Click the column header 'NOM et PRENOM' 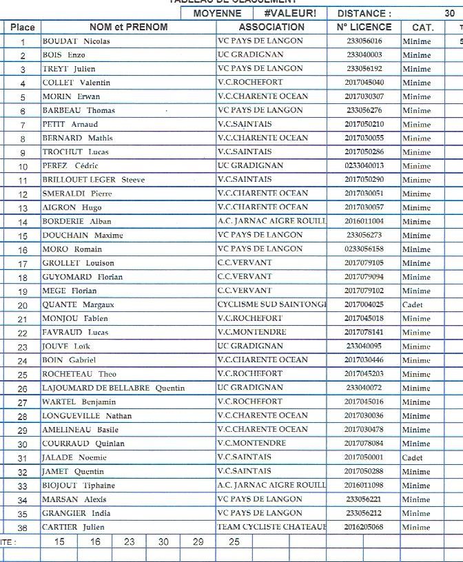(x=128, y=27)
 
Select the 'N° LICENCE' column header (x=364, y=27)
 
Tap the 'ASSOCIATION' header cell (x=271, y=27)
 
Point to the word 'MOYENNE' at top (x=217, y=13)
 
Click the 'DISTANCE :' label (x=364, y=13)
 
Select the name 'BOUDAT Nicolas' (x=76, y=41)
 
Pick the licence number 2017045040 (x=364, y=83)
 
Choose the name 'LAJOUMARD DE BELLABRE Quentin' (x=114, y=388)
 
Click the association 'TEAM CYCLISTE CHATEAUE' (x=271, y=527)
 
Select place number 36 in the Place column (x=23, y=528)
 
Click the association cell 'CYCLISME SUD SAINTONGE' (x=271, y=304)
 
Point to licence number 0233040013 (x=364, y=166)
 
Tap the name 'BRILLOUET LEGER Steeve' (x=94, y=180)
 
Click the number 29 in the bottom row (x=198, y=542)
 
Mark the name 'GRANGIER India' (x=76, y=514)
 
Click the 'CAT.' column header (x=422, y=27)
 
